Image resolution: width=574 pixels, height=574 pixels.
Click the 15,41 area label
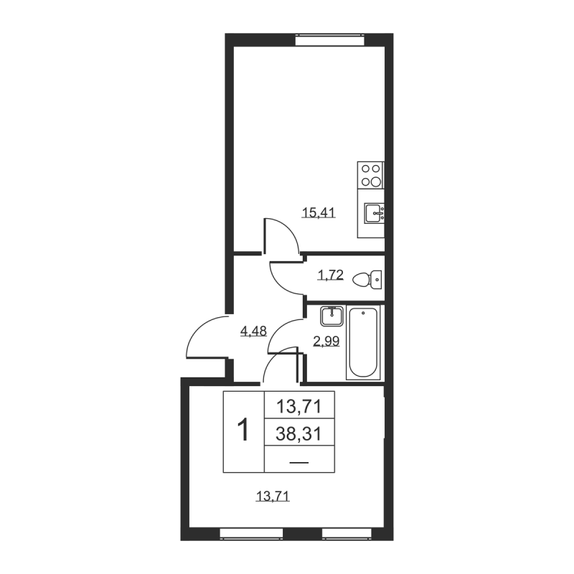pos(319,212)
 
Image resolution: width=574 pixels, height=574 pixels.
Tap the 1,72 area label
pos(331,275)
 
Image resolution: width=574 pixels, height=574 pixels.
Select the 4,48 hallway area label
pos(253,331)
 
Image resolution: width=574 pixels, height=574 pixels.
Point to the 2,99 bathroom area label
pos(326,342)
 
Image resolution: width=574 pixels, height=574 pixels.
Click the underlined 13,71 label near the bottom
pos(273,497)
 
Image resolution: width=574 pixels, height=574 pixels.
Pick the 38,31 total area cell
pos(298,434)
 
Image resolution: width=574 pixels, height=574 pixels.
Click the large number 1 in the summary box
pos(243,430)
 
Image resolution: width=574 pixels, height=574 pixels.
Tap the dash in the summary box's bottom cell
pos(298,463)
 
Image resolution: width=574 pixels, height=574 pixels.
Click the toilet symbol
pos(367,280)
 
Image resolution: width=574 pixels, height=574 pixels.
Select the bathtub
pos(363,343)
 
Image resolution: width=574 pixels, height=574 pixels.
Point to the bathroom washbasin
pos(332,316)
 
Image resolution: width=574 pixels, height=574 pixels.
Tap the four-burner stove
pos(371,175)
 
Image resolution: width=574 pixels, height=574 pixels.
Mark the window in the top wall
pos(330,39)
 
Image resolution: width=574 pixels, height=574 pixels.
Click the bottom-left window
pos(252,534)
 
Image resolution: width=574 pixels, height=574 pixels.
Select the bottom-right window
pos(347,534)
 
